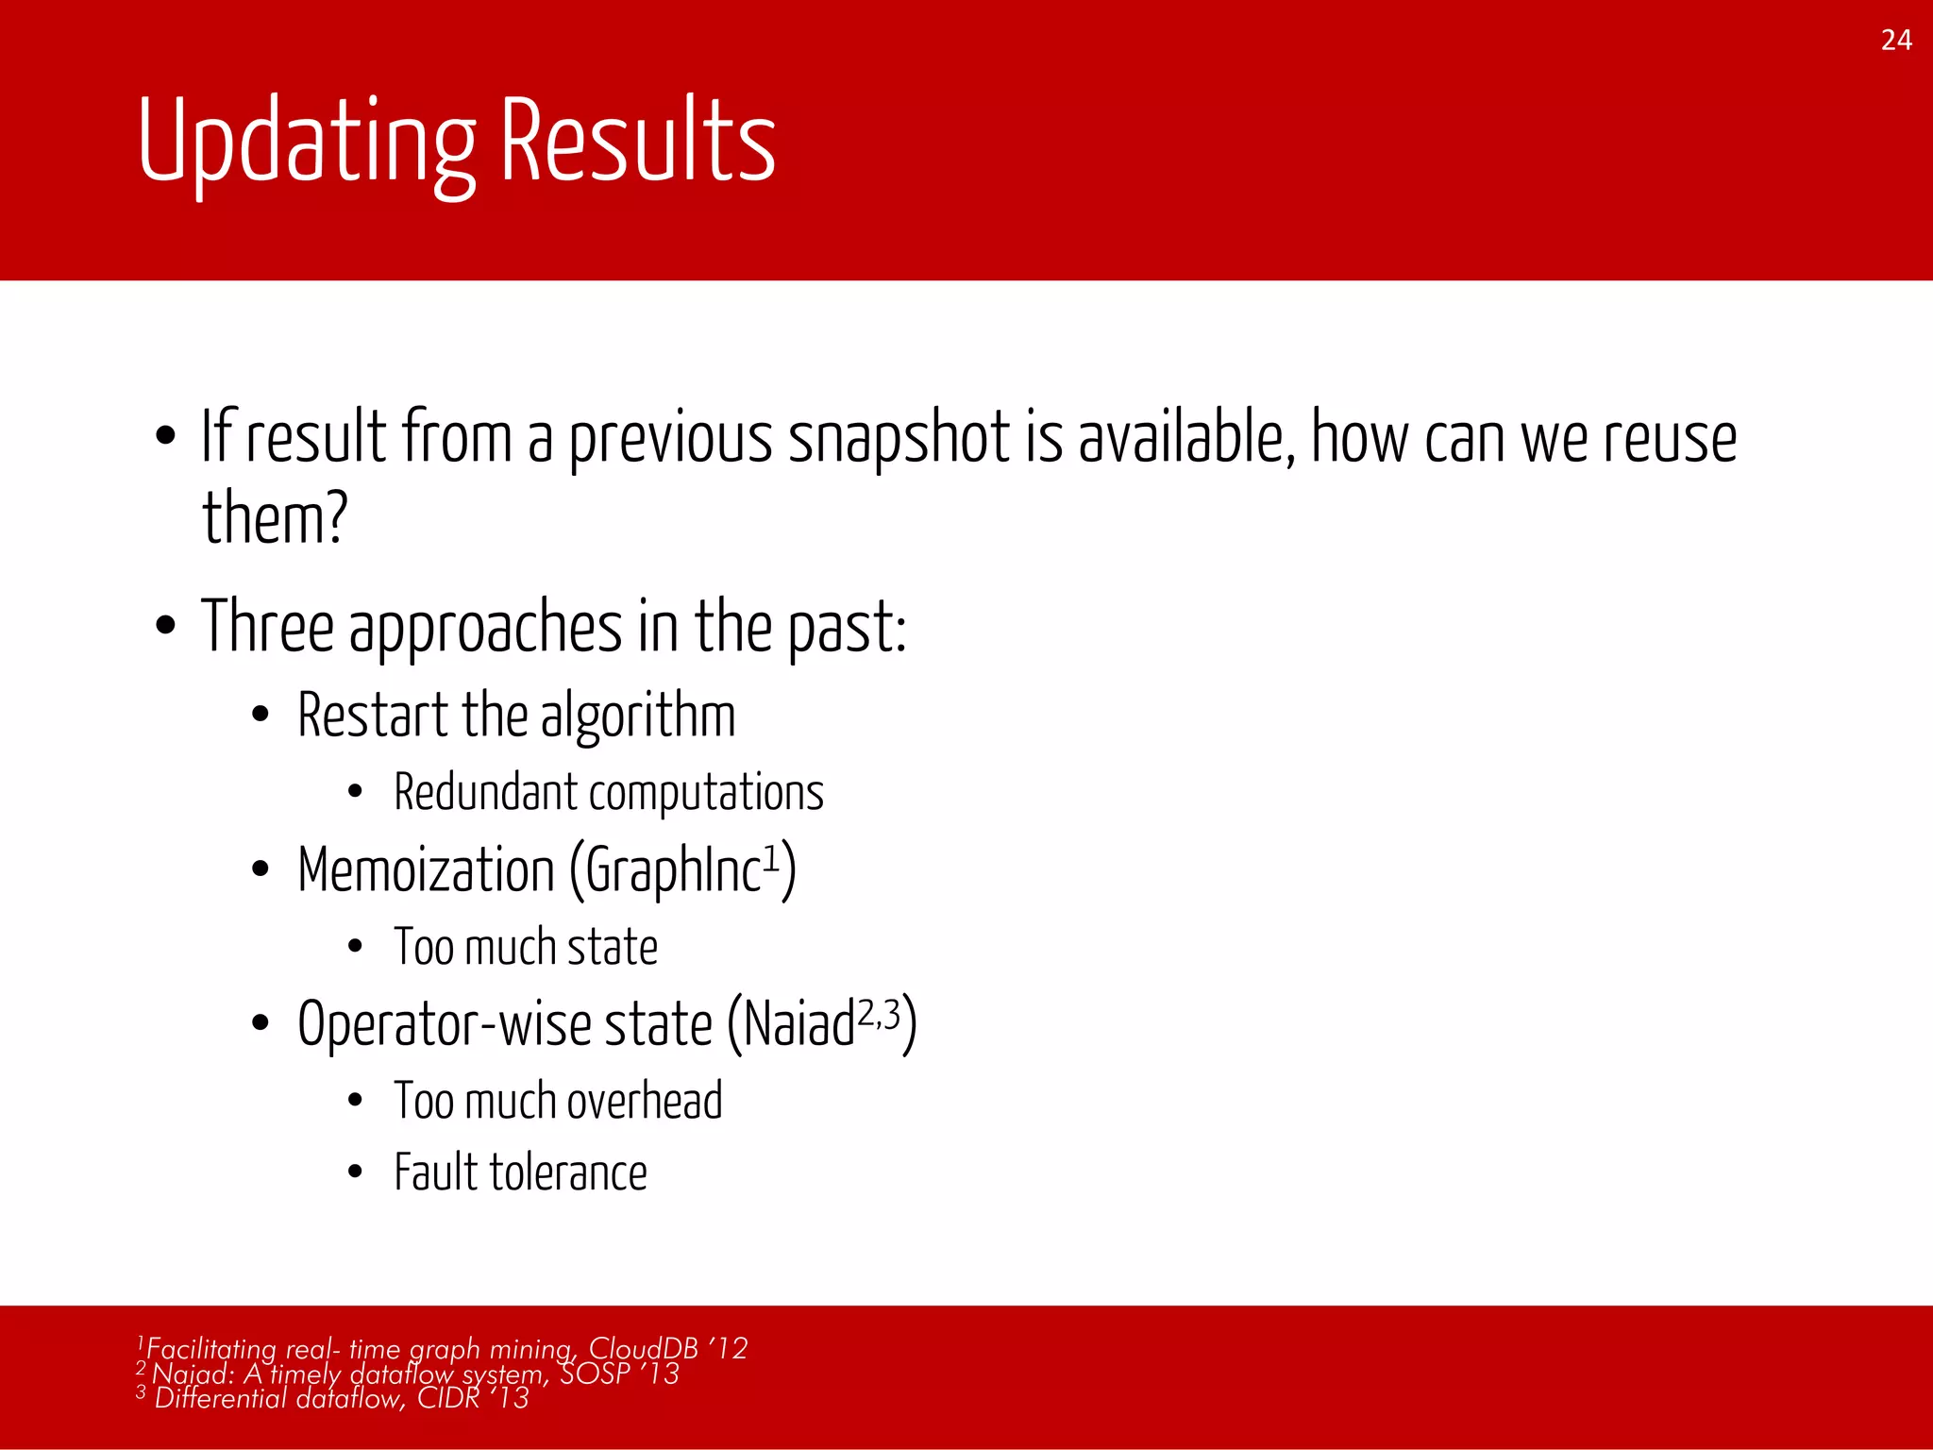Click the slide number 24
[x=1895, y=41]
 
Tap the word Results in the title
[x=637, y=142]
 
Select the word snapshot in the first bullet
[x=899, y=439]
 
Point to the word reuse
[x=1670, y=439]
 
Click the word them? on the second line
[x=275, y=519]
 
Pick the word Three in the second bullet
[x=267, y=627]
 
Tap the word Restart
[x=372, y=715]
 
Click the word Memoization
[x=426, y=869]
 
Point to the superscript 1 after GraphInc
[x=771, y=857]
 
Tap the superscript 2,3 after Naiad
[x=879, y=1013]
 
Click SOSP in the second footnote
[x=595, y=1373]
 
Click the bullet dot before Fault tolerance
[x=355, y=1172]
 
